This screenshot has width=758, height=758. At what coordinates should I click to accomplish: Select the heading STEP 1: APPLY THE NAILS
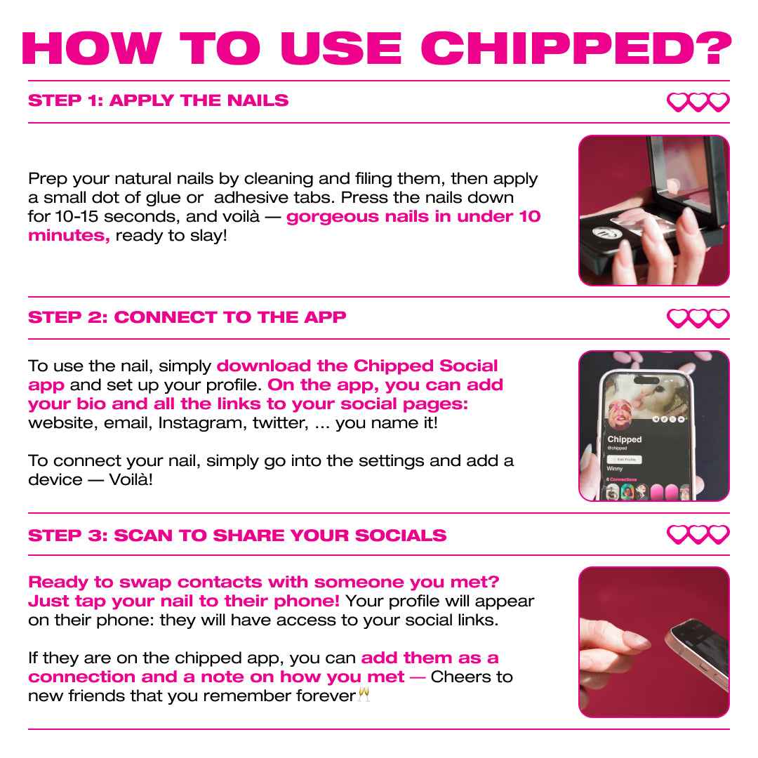point(158,100)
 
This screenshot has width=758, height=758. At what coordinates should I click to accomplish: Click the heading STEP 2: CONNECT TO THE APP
point(187,317)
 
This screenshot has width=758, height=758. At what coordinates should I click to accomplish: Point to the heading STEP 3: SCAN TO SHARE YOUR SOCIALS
point(237,536)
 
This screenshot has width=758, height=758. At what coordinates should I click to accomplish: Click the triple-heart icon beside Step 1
point(698,102)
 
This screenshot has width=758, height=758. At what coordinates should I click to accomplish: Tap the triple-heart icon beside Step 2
point(698,319)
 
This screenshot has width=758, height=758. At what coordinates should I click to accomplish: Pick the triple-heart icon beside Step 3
point(698,535)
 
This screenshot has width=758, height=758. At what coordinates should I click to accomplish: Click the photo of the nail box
point(653,211)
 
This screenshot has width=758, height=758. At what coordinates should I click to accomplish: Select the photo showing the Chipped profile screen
point(653,426)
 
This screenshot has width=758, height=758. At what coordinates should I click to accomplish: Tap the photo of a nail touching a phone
point(653,642)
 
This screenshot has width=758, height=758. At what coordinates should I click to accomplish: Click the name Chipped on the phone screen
point(625,439)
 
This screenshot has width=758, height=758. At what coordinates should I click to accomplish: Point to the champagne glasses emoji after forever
point(363,696)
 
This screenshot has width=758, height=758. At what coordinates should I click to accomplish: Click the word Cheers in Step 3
point(455,677)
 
